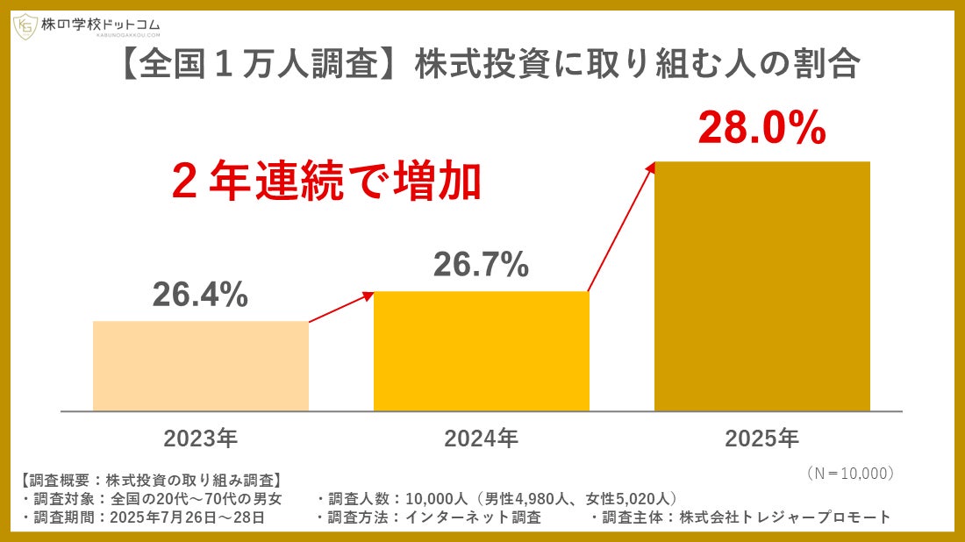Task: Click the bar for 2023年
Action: tap(200, 366)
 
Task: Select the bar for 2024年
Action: tap(481, 351)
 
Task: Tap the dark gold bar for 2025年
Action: tap(762, 286)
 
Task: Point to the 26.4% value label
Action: tap(200, 296)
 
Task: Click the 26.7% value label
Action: tap(481, 264)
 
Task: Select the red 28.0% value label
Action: tap(762, 128)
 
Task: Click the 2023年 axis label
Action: tap(200, 438)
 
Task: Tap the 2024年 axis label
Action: tap(481, 438)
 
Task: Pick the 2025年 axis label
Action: tap(762, 438)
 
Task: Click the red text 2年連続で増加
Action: tap(326, 182)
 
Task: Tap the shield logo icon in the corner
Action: tap(25, 26)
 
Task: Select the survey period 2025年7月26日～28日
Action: tap(189, 517)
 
